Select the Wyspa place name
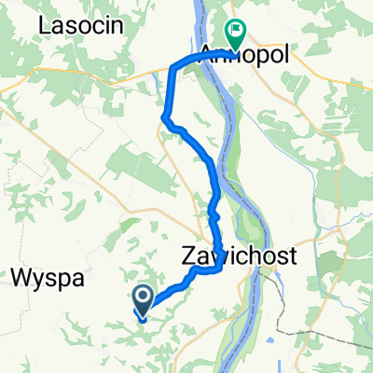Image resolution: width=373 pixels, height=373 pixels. pos(48,277)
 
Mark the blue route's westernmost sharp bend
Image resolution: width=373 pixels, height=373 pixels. pos(165,117)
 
